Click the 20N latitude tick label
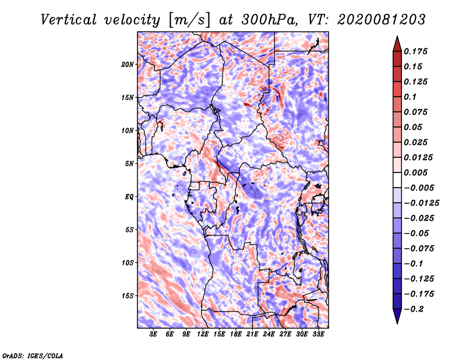pyautogui.click(x=128, y=65)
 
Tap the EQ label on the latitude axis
pyautogui.click(x=129, y=197)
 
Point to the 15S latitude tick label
pyautogui.click(x=128, y=296)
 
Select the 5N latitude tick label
pyautogui.click(x=129, y=164)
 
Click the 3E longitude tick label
pyautogui.click(x=153, y=334)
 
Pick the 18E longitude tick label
pyautogui.click(x=236, y=334)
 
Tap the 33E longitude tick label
pyautogui.click(x=318, y=334)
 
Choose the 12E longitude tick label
pyautogui.click(x=203, y=334)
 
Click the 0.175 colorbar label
pyautogui.click(x=415, y=51)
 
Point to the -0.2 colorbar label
pyautogui.click(x=414, y=309)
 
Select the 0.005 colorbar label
pyautogui.click(x=415, y=172)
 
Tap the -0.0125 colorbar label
pyautogui.click(x=421, y=203)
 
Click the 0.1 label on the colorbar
pyautogui.click(x=410, y=97)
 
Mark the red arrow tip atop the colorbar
pyautogui.click(x=397, y=36)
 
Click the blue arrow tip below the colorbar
pyautogui.click(x=397, y=323)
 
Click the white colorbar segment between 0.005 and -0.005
pyautogui.click(x=397, y=180)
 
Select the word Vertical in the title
pyautogui.click(x=69, y=20)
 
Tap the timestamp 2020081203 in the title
pyautogui.click(x=381, y=20)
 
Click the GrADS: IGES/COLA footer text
pyautogui.click(x=33, y=355)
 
